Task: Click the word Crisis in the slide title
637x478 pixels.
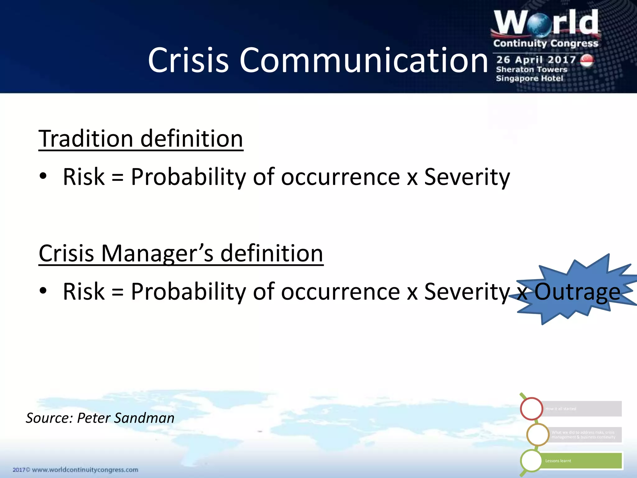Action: [188, 60]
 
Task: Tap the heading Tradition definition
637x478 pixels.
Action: [141, 138]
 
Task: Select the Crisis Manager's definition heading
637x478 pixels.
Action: [181, 253]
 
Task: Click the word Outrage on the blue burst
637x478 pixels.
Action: [577, 292]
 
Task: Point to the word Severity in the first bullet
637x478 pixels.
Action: [467, 177]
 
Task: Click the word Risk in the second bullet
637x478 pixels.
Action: [84, 292]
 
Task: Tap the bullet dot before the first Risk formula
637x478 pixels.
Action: [43, 176]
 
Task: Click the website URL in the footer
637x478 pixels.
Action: [85, 470]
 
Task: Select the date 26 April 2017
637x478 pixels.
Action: [536, 59]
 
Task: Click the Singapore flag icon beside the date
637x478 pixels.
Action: [587, 61]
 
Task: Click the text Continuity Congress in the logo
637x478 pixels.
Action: [546, 43]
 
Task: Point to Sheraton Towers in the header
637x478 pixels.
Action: [531, 69]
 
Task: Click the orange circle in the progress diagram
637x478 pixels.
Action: [538, 434]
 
